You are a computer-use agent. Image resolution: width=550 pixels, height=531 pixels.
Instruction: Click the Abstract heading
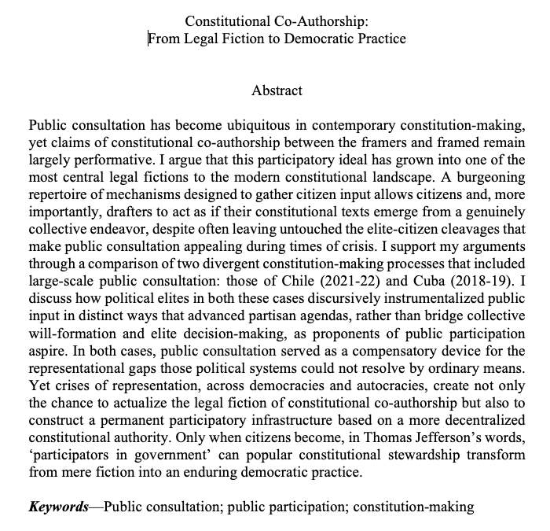pos(277,90)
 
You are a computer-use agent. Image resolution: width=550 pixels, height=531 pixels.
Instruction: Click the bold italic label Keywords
pos(58,506)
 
